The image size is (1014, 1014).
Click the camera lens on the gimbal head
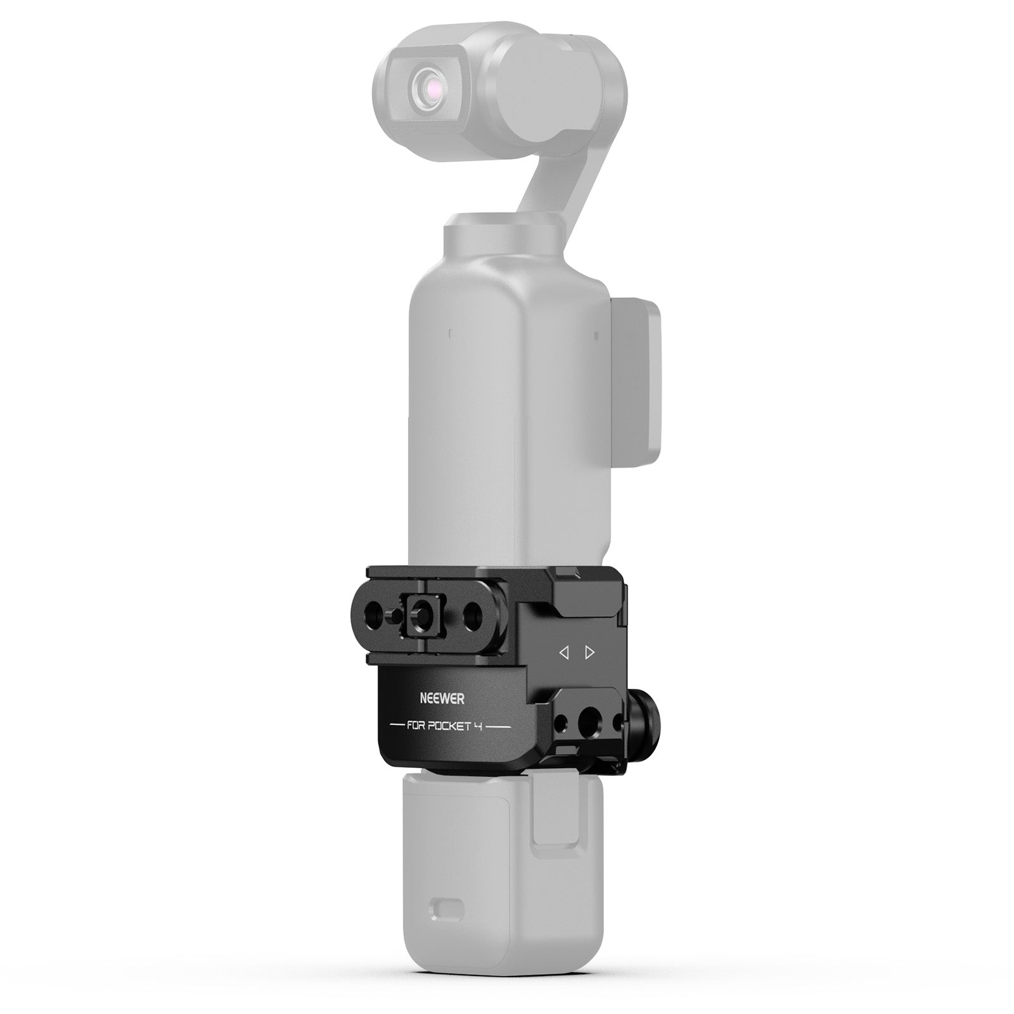click(423, 87)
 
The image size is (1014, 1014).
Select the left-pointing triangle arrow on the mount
click(563, 652)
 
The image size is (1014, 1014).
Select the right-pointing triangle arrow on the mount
click(590, 652)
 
